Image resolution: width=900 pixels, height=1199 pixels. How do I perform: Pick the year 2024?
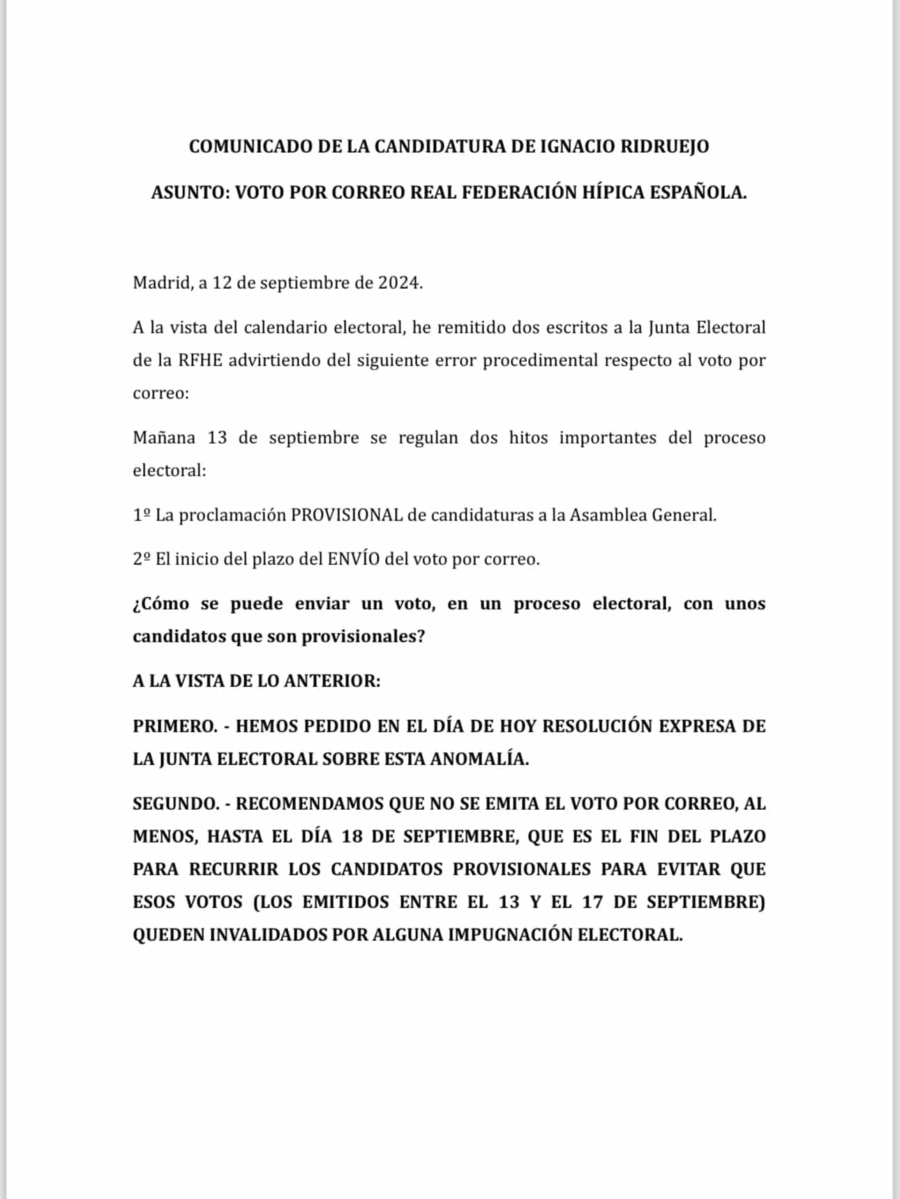[400, 283]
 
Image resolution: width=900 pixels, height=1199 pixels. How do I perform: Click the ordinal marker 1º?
[142, 515]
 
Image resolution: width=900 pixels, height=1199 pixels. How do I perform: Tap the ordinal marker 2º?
[142, 559]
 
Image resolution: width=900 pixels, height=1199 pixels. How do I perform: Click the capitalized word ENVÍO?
[353, 559]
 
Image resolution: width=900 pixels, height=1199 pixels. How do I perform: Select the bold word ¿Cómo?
[160, 604]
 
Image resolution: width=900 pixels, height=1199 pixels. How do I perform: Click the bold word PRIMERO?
[175, 726]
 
